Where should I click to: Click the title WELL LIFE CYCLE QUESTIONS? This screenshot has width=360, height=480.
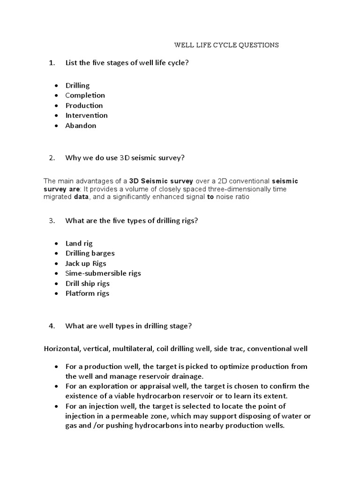(226, 45)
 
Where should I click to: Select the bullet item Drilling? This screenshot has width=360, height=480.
(77, 85)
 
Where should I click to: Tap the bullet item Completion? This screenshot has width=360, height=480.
(85, 96)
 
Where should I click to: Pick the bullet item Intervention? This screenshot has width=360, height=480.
(86, 115)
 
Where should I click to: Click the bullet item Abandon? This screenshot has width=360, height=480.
(81, 126)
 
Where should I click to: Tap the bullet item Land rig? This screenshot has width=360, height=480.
(79, 243)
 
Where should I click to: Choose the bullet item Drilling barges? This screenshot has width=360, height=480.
(90, 253)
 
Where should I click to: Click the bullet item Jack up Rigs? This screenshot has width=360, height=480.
(86, 263)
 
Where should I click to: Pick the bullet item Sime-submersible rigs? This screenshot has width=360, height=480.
(103, 273)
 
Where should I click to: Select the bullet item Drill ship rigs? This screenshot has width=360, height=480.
(87, 284)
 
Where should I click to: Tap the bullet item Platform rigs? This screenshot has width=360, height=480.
(87, 293)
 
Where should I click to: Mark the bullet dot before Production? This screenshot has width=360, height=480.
(56, 105)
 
